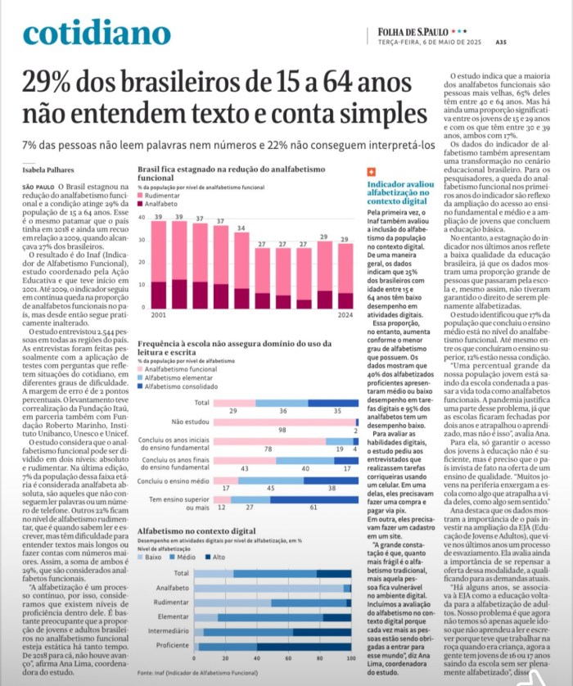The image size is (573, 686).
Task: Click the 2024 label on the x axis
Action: tap(345, 315)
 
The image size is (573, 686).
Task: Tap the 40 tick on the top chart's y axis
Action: tap(142, 218)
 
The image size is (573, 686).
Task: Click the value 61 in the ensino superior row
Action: tap(314, 508)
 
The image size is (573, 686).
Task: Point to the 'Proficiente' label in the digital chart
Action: tap(171, 646)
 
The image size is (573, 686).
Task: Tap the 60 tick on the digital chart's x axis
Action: tap(288, 658)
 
